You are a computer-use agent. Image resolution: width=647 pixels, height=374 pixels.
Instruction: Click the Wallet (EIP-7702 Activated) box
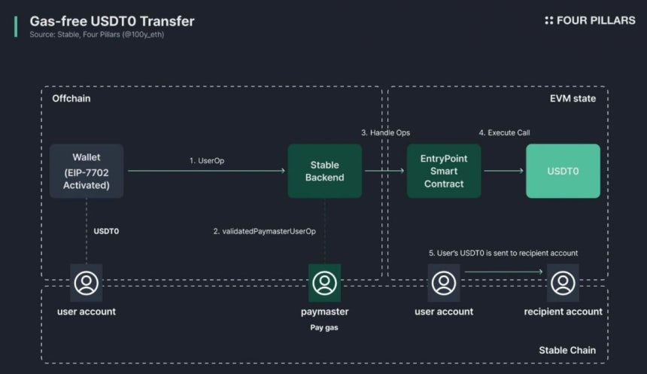click(87, 171)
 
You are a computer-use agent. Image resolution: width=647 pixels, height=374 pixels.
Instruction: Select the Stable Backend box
click(325, 171)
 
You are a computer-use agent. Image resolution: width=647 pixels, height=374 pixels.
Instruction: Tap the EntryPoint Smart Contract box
click(444, 171)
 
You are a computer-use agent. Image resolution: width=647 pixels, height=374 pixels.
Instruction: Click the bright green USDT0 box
click(563, 171)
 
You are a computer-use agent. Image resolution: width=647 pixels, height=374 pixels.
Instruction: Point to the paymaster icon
click(325, 283)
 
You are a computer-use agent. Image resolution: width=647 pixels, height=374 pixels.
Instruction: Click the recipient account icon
click(563, 283)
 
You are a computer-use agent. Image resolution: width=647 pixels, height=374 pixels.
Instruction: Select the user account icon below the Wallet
click(87, 283)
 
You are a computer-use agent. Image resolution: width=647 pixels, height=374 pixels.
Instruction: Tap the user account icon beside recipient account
click(444, 283)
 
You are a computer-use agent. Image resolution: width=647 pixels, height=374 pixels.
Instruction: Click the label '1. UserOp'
click(207, 160)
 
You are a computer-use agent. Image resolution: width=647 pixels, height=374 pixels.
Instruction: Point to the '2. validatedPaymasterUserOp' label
click(265, 231)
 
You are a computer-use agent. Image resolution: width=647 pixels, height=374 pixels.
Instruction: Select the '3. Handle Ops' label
click(386, 132)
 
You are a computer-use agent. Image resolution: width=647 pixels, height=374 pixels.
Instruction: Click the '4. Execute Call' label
click(504, 132)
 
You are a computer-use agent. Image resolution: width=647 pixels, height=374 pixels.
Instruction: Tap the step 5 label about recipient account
click(503, 253)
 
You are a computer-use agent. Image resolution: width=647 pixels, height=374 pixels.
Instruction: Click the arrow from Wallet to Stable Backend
click(206, 171)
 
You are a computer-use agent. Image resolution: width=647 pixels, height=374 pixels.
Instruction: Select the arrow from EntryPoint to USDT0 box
click(504, 171)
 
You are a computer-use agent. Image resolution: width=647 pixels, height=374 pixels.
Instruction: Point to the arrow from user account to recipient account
click(504, 272)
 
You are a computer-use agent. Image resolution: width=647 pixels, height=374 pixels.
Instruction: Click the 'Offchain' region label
click(71, 99)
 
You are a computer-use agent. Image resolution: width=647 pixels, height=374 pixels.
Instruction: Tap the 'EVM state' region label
click(573, 99)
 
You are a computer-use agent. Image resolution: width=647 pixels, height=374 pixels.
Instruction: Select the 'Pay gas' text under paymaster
click(324, 327)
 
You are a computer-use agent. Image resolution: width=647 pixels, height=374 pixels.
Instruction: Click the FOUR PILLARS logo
click(590, 20)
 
